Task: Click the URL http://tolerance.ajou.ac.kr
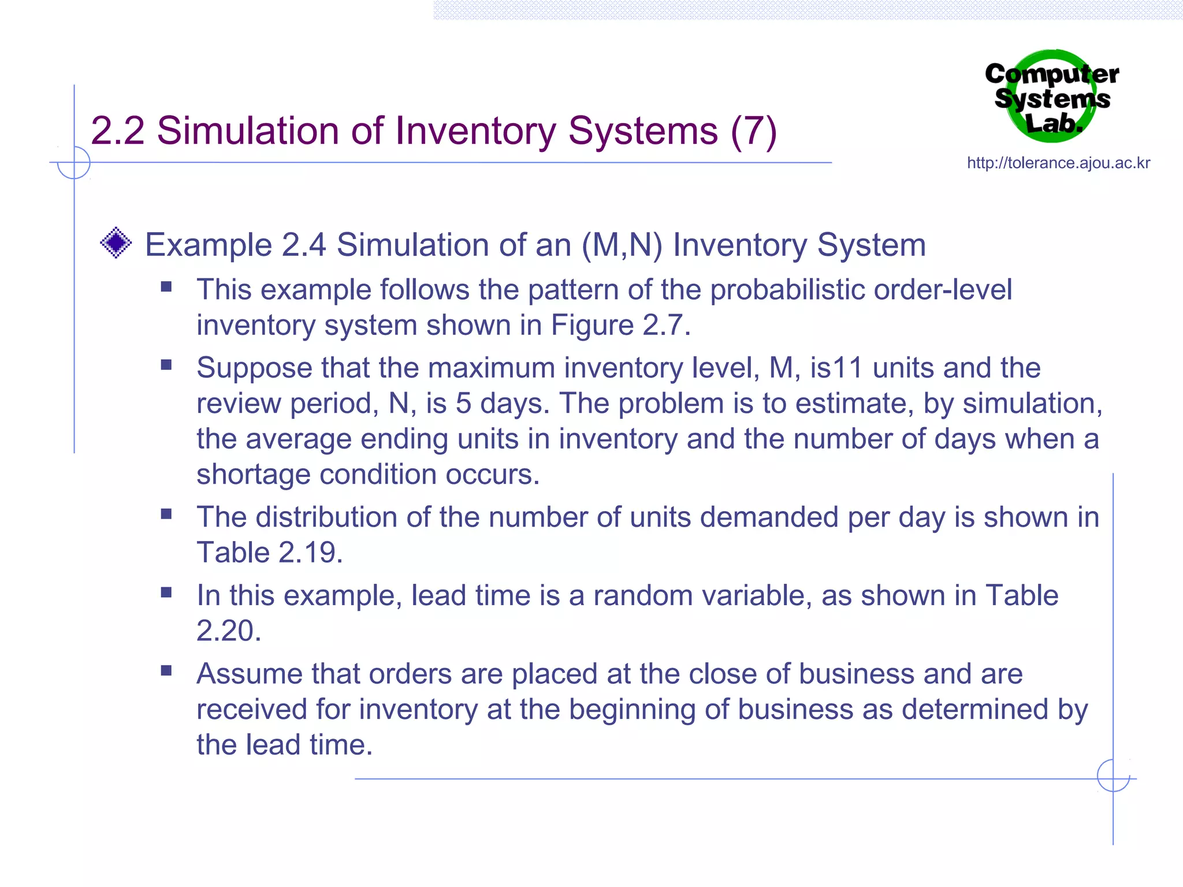(1058, 163)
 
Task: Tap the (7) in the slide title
(753, 131)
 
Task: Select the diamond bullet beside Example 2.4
(116, 243)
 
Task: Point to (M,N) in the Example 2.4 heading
(622, 245)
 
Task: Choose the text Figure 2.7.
(620, 325)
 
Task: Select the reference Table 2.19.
(269, 553)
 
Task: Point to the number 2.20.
(229, 631)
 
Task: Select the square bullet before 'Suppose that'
(166, 365)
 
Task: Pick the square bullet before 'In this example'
(166, 592)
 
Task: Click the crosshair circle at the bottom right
(1113, 776)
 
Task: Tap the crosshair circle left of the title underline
(74, 162)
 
